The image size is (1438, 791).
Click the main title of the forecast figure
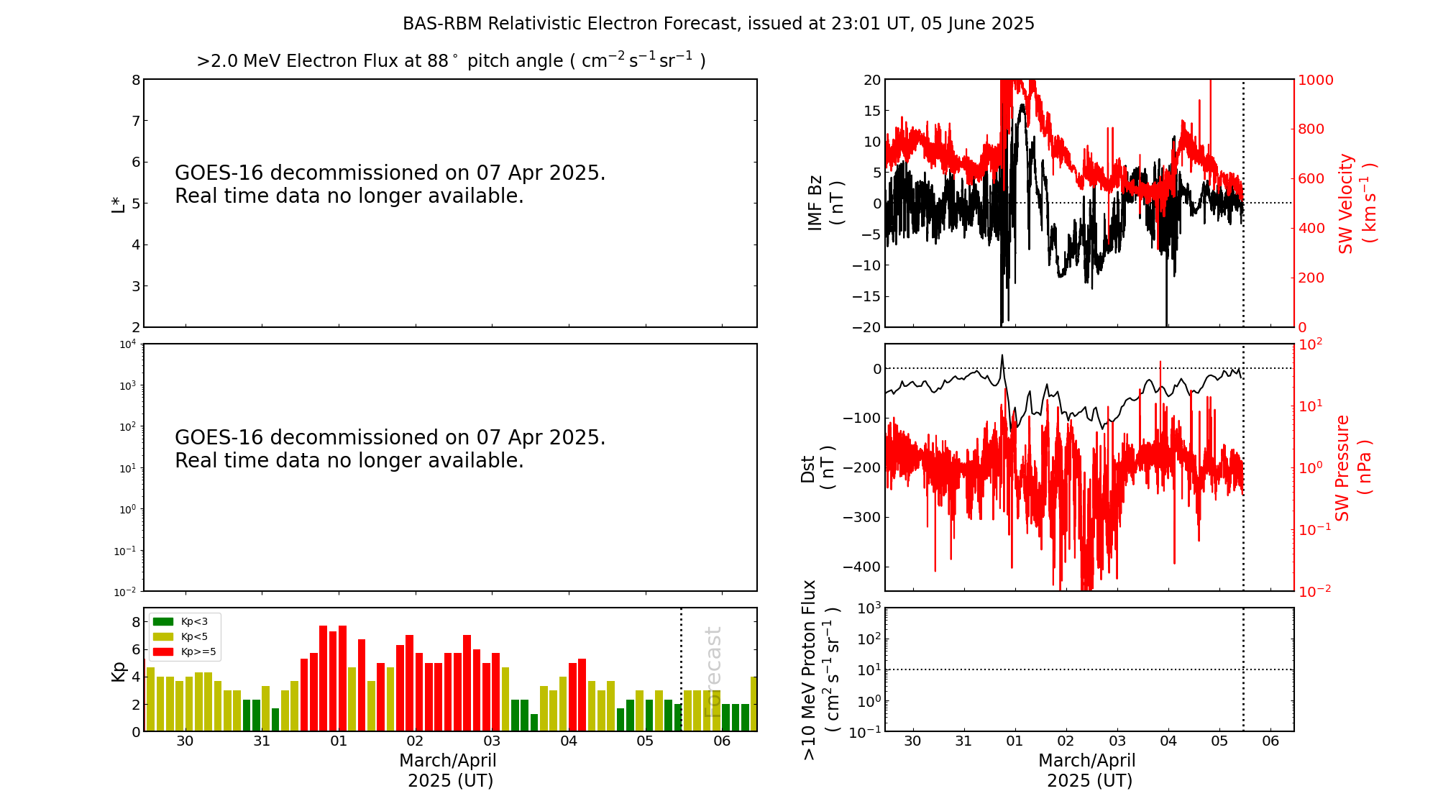pos(718,24)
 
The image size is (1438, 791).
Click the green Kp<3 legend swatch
pos(163,621)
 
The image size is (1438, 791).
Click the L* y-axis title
pos(118,204)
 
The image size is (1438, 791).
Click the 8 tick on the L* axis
pos(135,80)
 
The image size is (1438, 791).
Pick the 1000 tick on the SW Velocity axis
pos(1315,80)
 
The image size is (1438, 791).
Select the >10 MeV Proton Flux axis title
pos(820,669)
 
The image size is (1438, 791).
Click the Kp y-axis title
pos(118,671)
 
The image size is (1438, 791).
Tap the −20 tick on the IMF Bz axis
pos(866,327)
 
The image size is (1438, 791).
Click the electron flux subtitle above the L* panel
pos(451,61)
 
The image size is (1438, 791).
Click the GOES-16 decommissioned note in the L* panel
pos(390,185)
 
